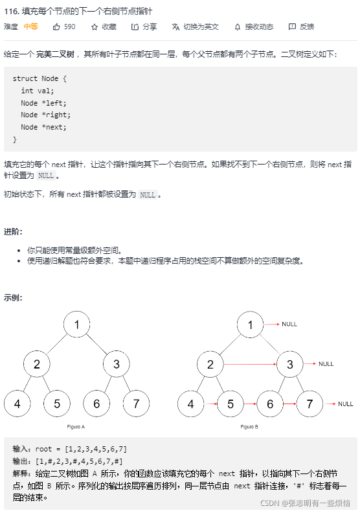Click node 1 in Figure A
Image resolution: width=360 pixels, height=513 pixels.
77,325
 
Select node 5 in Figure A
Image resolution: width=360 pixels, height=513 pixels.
57,404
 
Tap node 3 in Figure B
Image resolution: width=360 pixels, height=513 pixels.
290,364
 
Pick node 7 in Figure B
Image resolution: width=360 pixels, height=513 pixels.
309,404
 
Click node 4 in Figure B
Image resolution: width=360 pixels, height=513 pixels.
190,404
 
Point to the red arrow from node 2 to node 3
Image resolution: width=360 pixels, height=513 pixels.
250,364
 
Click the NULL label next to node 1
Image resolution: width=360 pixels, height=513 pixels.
289,324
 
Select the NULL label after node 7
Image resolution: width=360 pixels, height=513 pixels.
346,404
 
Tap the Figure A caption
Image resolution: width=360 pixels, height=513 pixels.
76,427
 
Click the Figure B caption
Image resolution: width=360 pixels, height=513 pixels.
249,427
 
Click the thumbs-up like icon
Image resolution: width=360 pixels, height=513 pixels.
56,27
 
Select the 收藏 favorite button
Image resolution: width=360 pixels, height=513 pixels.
104,27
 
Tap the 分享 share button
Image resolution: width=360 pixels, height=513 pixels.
144,27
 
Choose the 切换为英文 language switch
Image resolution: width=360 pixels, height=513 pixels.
195,27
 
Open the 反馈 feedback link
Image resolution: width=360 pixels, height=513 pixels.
301,27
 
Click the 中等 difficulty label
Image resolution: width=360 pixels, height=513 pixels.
30,27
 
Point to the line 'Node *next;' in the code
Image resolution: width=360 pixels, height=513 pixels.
43,127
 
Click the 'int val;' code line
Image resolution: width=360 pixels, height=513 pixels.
38,91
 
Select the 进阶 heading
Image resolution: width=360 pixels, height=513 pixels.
13,231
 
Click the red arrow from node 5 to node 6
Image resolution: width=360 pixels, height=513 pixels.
250,404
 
